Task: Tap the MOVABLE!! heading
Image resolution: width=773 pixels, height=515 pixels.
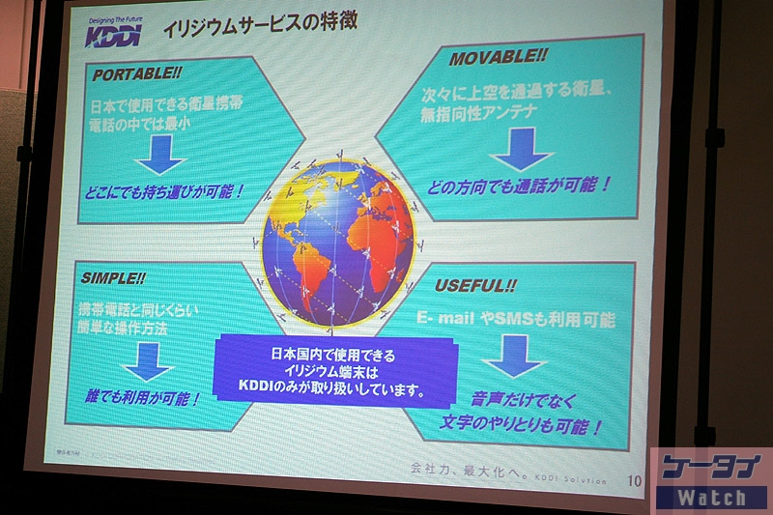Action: pos(499,58)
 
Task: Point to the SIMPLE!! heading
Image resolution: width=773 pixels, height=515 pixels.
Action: pos(113,277)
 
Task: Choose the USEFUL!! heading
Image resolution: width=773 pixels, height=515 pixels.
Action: pos(475,286)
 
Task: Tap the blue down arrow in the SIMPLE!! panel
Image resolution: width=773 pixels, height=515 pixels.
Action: pos(148,360)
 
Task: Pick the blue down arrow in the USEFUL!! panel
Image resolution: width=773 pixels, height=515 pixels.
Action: pos(513,355)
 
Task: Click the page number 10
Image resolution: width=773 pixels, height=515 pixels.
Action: pos(634,480)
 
